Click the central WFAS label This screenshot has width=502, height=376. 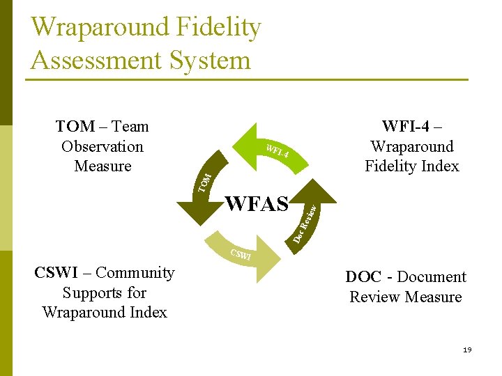pyautogui.click(x=257, y=204)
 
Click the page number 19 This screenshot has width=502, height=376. pyautogui.click(x=467, y=350)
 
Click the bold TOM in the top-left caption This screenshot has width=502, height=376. pyautogui.click(x=75, y=126)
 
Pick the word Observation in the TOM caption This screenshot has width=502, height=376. pyautogui.click(x=102, y=146)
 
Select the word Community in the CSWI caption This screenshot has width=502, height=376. pyautogui.click(x=135, y=273)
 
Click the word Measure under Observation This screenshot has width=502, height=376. pyautogui.click(x=102, y=166)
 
